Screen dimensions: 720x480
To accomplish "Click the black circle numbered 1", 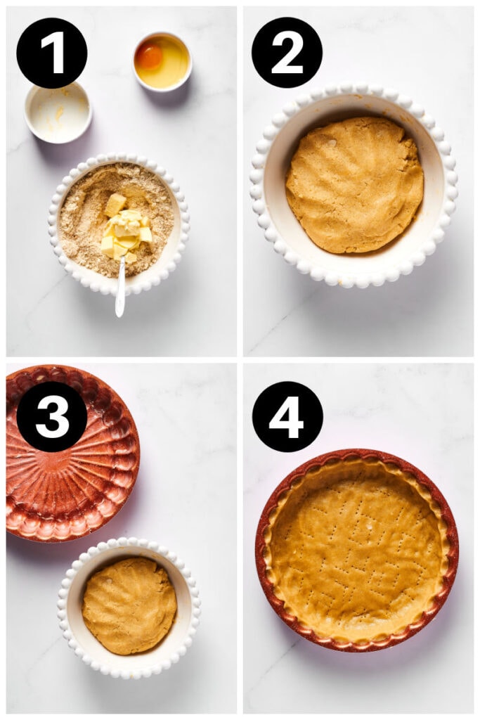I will coord(52,53).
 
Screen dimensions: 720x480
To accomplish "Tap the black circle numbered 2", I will coord(287,53).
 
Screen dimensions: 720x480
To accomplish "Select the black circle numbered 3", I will coord(52,416).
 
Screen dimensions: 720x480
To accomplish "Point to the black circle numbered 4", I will coord(287,416).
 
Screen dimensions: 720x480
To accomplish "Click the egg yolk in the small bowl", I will coord(149,56).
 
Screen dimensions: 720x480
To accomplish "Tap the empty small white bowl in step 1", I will coord(58,112).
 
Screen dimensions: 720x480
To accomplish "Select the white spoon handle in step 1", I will coord(120,292).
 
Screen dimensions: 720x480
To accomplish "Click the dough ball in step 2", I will coord(354,184).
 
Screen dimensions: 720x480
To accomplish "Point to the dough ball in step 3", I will coord(129,605).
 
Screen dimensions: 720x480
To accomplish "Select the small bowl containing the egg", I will coord(162,62).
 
